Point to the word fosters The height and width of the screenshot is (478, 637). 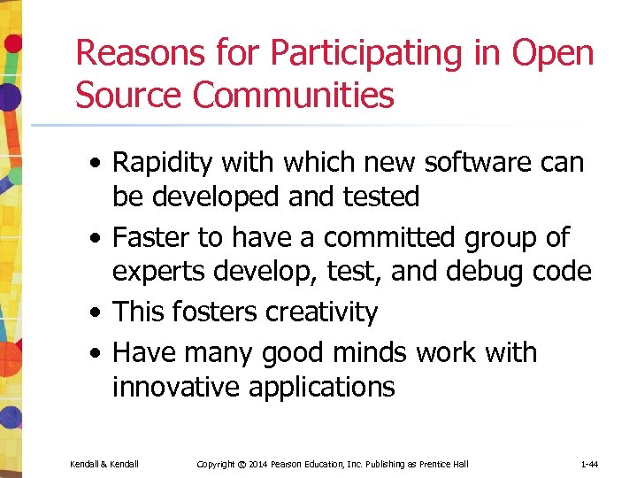[210, 312]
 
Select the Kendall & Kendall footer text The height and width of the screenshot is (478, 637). [104, 464]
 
